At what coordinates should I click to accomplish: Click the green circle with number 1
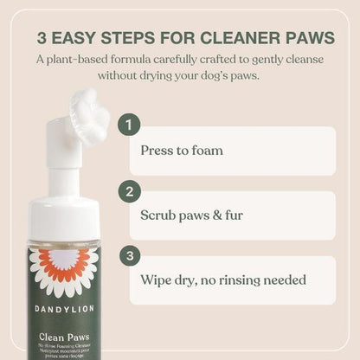tap(130, 125)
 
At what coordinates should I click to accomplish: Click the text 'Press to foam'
tap(182, 151)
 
